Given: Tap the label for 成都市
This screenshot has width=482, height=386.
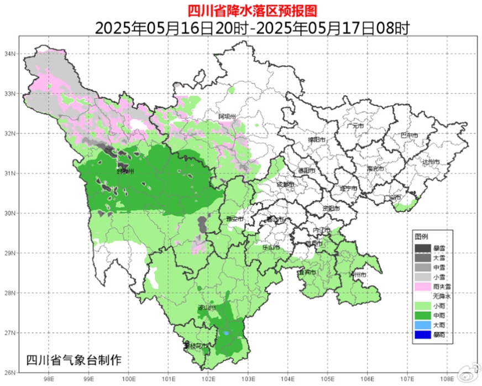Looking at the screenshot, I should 286,184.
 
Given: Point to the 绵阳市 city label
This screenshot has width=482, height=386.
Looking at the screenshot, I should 318,140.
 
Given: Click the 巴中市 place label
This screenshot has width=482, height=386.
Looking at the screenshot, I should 409,135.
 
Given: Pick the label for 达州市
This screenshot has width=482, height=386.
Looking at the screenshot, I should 429,162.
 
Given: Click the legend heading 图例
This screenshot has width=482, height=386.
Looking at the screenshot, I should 421,236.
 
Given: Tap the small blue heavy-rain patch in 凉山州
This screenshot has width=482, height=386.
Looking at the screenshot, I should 227,333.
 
